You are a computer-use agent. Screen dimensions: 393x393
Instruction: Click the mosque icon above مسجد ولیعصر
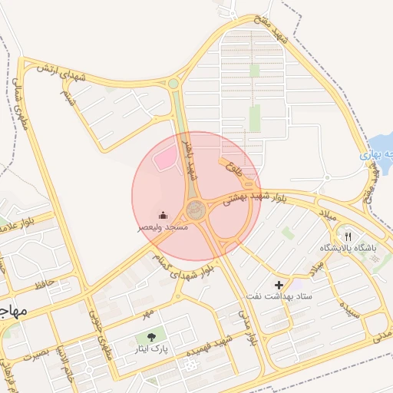162,216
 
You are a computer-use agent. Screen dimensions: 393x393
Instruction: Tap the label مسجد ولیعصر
162,228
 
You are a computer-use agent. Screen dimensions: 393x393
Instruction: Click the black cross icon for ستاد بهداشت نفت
279,286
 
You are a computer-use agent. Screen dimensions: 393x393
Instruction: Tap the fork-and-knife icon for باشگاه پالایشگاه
348,237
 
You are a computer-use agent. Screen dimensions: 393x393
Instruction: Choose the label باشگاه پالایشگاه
346,249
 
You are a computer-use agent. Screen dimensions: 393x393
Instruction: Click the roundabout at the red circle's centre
195,208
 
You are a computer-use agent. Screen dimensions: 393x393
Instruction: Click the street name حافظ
44,286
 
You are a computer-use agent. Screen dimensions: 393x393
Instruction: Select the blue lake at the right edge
381,146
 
